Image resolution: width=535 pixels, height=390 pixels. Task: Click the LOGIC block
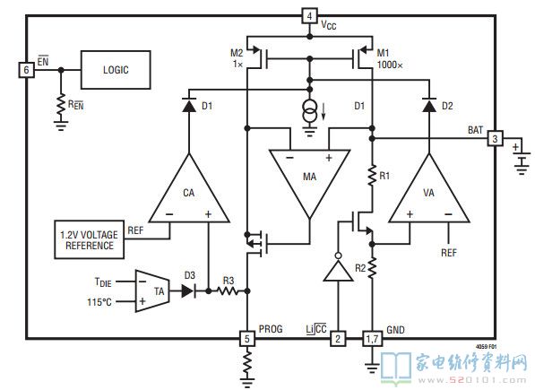pos(116,70)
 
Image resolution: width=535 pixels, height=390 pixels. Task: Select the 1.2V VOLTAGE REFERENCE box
pos(89,240)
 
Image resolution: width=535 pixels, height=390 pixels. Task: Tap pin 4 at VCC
pos(309,16)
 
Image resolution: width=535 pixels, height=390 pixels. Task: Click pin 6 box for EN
pos(26,70)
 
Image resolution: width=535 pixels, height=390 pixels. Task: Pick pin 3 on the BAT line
pos(495,138)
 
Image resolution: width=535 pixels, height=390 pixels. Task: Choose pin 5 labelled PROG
pos(247,339)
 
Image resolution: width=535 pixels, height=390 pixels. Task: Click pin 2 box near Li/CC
pos(338,339)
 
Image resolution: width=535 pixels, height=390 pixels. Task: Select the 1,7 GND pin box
pos(372,339)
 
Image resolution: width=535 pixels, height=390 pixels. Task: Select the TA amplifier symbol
pos(152,291)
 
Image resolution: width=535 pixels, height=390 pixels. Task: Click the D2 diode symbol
pos(429,105)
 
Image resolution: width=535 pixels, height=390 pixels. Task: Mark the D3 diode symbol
pos(188,291)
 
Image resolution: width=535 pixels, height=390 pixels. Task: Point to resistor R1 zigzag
pos(372,176)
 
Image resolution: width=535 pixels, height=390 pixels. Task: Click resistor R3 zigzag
pos(228,291)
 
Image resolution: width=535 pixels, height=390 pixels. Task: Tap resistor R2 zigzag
pos(372,268)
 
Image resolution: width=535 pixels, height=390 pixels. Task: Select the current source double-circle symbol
pos(309,111)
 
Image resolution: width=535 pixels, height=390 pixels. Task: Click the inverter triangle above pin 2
pos(338,269)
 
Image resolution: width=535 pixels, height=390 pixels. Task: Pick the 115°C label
pos(99,302)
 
